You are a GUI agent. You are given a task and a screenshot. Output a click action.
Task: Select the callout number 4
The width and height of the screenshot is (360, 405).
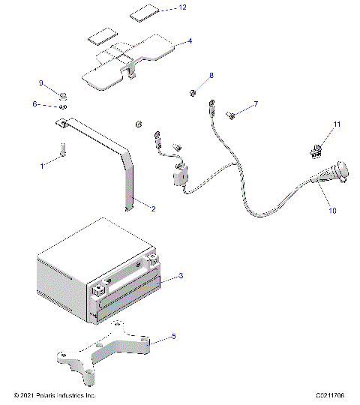click(x=190, y=40)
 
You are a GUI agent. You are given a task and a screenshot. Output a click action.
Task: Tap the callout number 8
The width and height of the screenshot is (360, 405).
click(x=211, y=76)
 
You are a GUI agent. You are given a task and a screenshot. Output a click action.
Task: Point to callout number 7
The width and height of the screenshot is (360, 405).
click(x=256, y=103)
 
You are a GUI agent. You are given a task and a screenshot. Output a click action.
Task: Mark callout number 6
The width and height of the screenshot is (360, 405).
click(x=34, y=104)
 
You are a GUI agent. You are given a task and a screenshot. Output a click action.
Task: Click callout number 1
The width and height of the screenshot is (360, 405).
click(x=43, y=161)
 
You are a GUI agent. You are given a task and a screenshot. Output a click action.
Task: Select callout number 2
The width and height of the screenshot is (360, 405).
click(x=153, y=208)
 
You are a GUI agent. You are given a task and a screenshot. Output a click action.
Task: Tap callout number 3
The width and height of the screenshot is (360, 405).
click(x=181, y=276)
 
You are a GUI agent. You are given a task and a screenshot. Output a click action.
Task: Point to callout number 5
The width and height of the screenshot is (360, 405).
click(x=174, y=337)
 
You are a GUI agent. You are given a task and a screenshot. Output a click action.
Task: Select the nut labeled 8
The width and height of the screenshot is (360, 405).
click(x=193, y=92)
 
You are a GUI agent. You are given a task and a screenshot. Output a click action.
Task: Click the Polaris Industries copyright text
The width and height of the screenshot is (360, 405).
click(x=55, y=395)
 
